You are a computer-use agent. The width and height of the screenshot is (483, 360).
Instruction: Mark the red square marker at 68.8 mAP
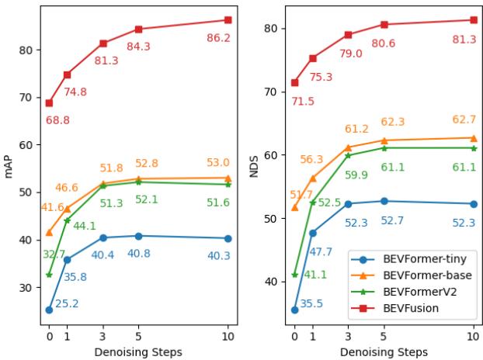[49, 102]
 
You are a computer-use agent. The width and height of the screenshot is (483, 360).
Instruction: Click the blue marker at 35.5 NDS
[294, 310]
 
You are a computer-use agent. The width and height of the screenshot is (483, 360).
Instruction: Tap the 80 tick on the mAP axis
[27, 50]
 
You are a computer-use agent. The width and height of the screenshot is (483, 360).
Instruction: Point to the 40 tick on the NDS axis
[273, 282]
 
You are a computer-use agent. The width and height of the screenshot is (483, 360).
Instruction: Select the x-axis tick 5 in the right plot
[384, 337]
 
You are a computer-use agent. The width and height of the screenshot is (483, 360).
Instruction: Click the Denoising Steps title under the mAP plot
[138, 351]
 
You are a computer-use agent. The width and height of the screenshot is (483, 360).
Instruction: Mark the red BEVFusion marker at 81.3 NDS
[473, 20]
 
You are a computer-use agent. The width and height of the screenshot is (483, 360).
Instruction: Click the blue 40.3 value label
[218, 254]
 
